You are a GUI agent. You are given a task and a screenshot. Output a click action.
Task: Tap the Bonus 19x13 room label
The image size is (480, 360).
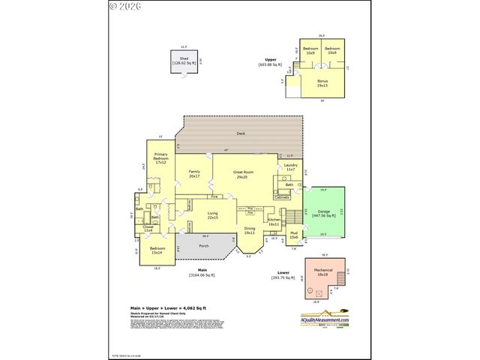[322, 82]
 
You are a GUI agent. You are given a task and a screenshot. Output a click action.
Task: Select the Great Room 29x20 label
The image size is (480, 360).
[243, 174]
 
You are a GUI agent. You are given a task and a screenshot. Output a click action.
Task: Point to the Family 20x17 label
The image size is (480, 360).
[194, 174]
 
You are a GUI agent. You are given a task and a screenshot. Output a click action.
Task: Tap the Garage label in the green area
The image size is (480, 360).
[324, 212]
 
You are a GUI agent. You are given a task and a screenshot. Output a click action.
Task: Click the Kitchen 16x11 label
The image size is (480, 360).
[274, 221]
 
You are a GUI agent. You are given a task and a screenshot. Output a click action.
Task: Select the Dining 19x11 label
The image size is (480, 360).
[250, 230]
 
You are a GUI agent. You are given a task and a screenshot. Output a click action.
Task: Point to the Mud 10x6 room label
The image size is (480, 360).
[293, 235]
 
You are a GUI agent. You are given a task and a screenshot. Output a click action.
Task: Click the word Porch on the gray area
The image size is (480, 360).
[203, 245]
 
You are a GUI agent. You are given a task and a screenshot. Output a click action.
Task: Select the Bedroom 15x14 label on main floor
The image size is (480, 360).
[157, 250]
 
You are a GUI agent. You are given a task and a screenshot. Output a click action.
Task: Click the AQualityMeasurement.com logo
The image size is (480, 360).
[325, 317]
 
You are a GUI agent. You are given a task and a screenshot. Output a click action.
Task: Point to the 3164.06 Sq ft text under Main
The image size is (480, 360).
[202, 275]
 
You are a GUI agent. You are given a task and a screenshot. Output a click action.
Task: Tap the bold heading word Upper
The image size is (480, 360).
[270, 59]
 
